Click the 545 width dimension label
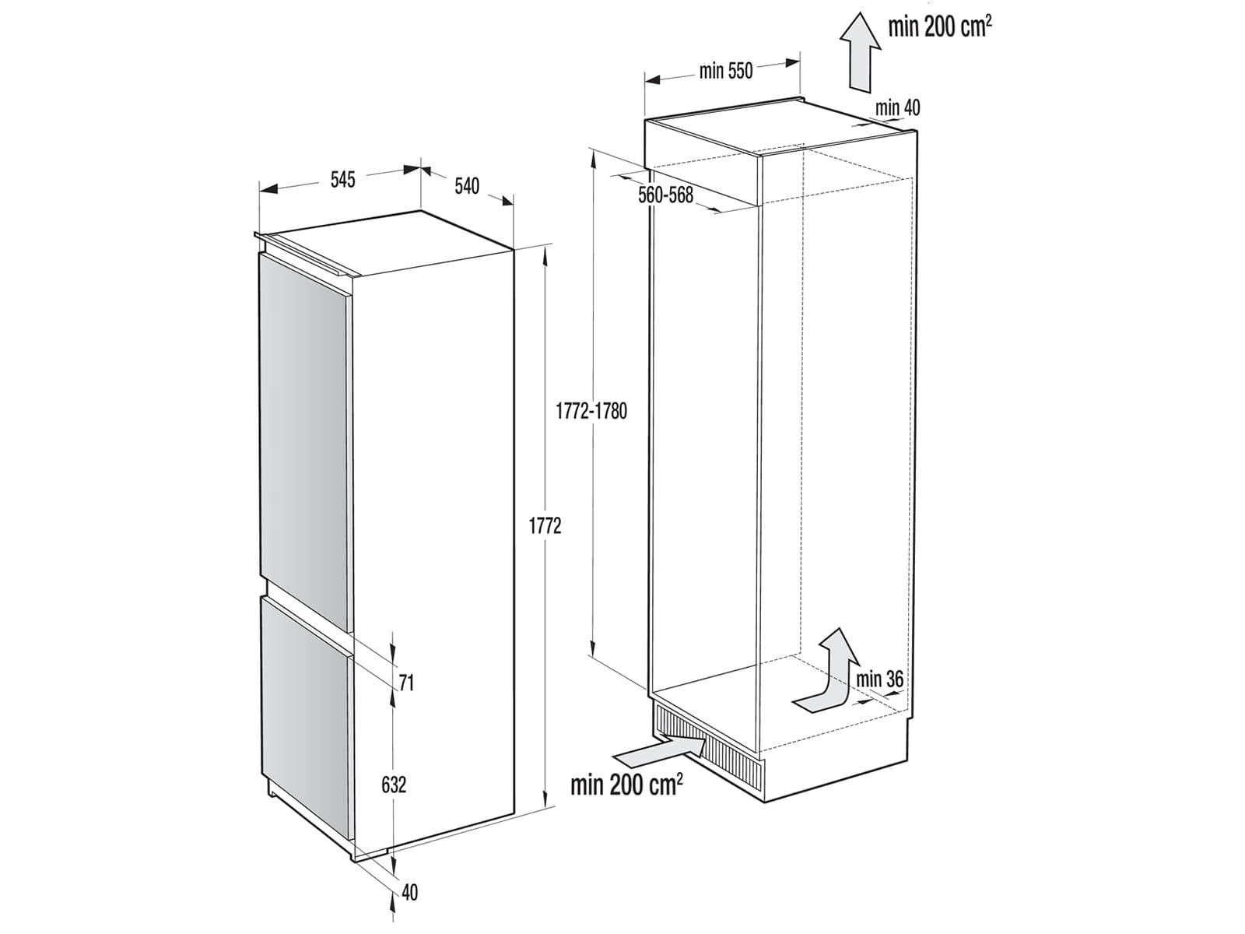pos(342,180)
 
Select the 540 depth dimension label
pos(467,186)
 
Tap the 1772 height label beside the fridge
pos(545,526)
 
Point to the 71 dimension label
pos(406,683)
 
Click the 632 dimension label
pos(394,785)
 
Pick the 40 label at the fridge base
pos(409,892)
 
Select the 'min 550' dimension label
pos(726,71)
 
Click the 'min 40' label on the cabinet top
pos(897,107)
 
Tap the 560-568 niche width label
pos(666,195)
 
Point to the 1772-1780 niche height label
pos(591,411)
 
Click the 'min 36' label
pos(880,679)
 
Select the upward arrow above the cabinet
pos(860,52)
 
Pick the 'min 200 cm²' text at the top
pos(940,26)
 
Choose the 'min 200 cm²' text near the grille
pos(626,785)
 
